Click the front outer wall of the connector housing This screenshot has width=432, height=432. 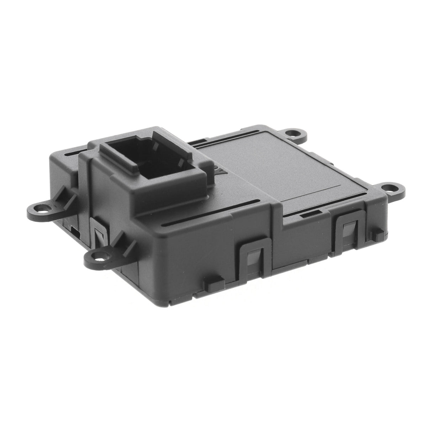(167, 199)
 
